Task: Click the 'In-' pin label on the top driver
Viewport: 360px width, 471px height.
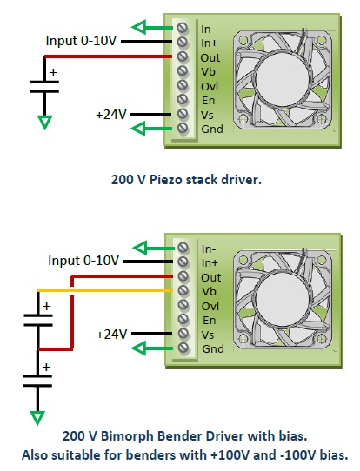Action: [x=210, y=27]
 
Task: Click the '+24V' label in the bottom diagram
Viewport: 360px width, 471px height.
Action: [x=111, y=334]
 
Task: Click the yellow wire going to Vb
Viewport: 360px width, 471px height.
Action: [x=104, y=290]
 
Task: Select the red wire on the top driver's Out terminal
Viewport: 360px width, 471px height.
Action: [x=104, y=56]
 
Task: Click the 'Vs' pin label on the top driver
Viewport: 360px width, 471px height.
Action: [x=208, y=114]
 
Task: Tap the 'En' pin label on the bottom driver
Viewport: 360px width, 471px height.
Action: [x=208, y=319]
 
